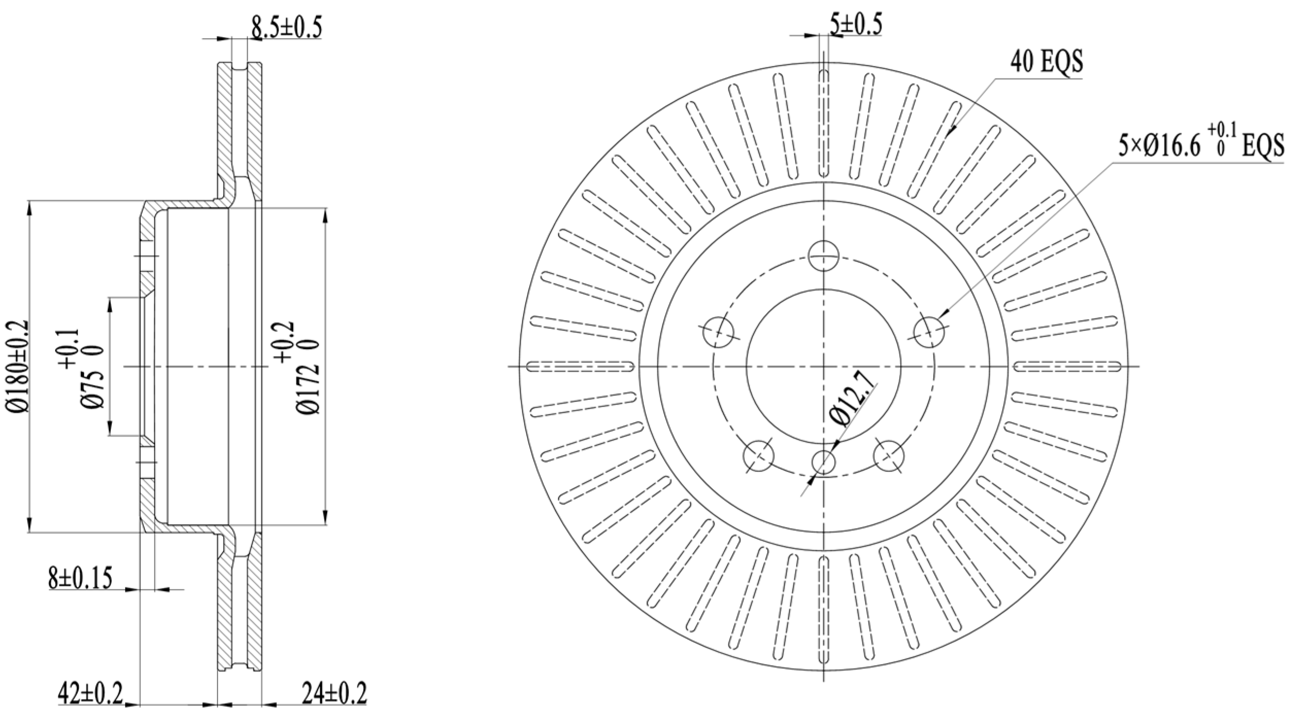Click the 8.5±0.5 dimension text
286,27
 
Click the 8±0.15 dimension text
80,578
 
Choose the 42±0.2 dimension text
90,694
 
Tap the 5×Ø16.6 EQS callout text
1201,146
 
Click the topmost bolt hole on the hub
823,255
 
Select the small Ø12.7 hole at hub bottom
823,462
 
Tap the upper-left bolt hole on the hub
718,332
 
